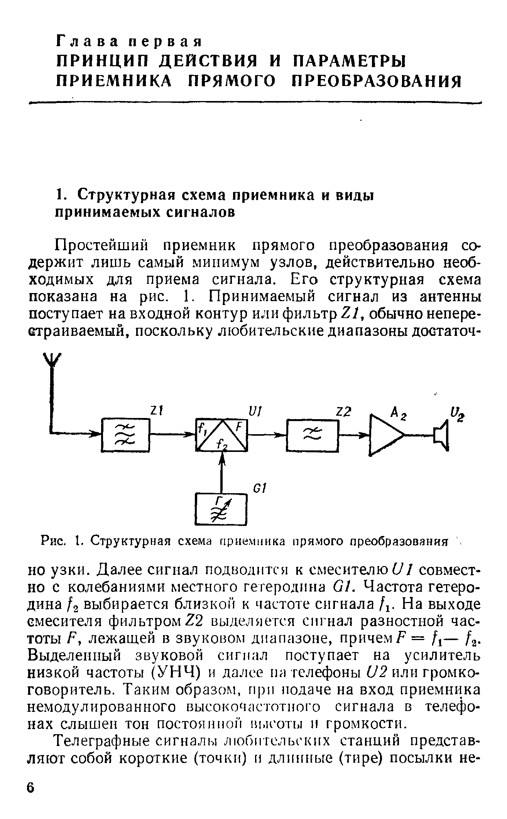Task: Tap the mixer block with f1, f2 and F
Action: click(x=221, y=435)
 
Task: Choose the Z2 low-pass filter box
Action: click(x=312, y=435)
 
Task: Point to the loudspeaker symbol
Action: click(x=441, y=435)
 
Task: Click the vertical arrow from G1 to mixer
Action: click(x=221, y=472)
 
